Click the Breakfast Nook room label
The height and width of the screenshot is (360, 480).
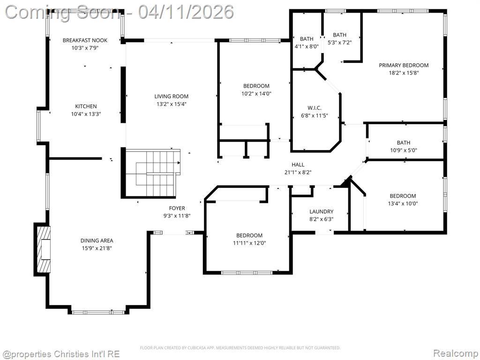(85, 40)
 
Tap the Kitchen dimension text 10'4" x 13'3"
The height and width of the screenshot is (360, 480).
(86, 114)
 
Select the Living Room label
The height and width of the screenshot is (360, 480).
(172, 97)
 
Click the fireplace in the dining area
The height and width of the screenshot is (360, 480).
(43, 249)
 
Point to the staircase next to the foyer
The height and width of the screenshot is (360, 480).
(153, 173)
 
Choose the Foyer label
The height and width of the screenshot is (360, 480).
(177, 208)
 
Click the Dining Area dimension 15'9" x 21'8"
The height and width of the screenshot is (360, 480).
(97, 248)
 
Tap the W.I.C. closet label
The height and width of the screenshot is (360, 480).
(315, 108)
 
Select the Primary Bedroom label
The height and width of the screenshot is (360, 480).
(404, 65)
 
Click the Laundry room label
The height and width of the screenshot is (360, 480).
(322, 211)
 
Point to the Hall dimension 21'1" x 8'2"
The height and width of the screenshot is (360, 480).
(298, 172)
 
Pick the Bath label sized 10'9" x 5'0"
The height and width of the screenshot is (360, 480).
(404, 142)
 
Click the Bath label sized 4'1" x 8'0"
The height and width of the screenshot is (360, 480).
(307, 39)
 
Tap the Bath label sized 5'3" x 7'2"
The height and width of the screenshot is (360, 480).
(339, 35)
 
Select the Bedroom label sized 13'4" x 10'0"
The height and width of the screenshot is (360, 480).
(403, 196)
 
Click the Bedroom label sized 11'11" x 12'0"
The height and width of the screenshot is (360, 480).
(249, 235)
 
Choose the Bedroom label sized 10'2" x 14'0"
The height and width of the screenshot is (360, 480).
(256, 86)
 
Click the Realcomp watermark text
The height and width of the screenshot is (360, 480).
(456, 353)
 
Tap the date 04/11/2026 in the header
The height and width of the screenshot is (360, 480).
(186, 12)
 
